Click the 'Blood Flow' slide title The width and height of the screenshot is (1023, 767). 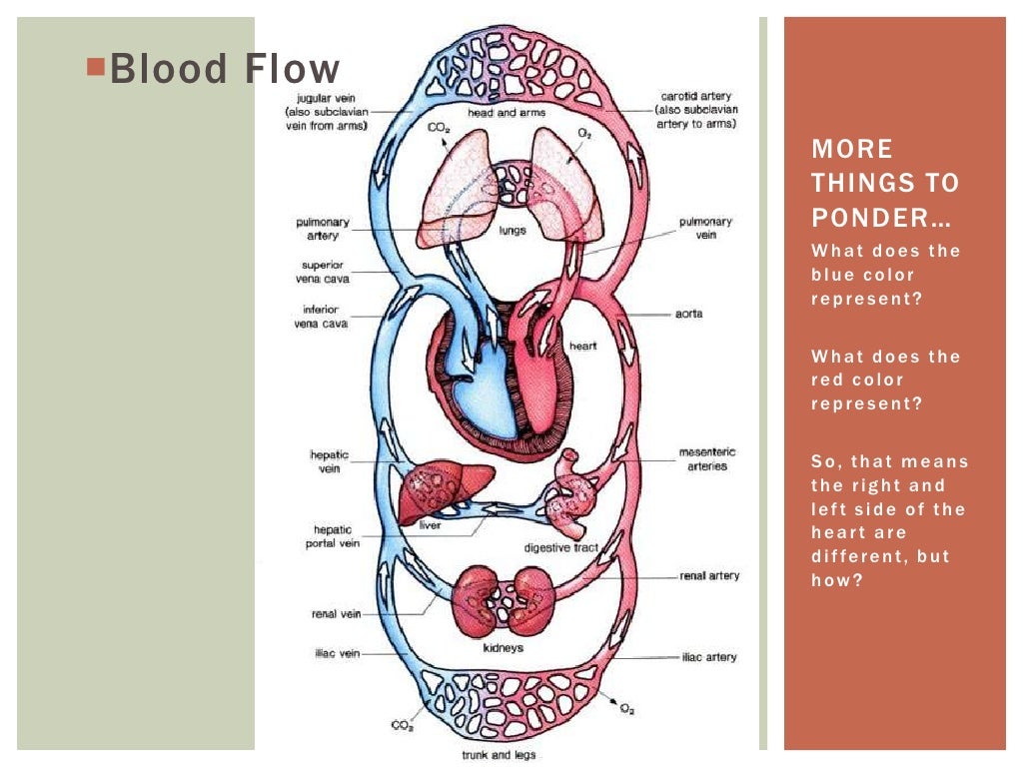pos(224,70)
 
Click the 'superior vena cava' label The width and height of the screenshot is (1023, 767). pos(324,272)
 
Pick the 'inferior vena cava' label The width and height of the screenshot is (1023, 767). pos(325,317)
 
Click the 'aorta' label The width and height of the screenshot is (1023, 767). pos(688,314)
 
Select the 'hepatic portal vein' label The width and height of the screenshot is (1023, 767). pos(331,537)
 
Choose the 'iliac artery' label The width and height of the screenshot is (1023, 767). pos(708,657)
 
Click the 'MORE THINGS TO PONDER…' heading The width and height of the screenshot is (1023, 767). pos(884,183)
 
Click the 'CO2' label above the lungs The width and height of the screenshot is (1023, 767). pos(440,129)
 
